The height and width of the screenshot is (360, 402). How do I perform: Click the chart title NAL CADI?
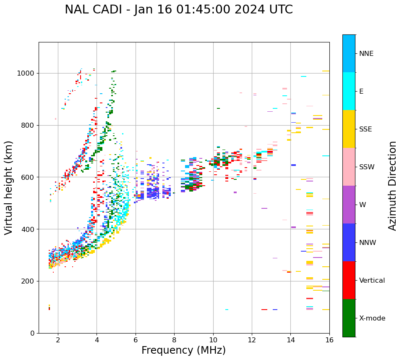178,10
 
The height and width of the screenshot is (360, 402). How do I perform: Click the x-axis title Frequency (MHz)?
183,350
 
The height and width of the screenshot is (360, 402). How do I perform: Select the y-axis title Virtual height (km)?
9,187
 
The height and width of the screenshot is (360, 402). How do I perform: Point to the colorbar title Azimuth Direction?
392,186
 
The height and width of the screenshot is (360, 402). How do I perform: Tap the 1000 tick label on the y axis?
26,74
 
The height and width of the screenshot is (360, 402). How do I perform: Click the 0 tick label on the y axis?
32,333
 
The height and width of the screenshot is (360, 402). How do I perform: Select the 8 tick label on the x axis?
174,340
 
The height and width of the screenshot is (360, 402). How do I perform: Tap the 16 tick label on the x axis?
329,340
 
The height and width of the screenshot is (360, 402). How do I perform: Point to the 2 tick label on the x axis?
58,340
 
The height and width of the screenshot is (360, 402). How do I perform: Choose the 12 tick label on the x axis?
252,340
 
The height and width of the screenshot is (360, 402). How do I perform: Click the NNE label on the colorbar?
366,54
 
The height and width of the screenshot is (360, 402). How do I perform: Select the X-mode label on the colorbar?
372,318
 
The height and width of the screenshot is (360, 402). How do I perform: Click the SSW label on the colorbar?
367,167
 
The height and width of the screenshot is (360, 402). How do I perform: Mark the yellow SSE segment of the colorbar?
349,129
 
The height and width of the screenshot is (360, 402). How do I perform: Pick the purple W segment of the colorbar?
349,205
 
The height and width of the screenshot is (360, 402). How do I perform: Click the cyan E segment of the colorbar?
349,91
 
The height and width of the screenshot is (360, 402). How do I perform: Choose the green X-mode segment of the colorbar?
349,318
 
